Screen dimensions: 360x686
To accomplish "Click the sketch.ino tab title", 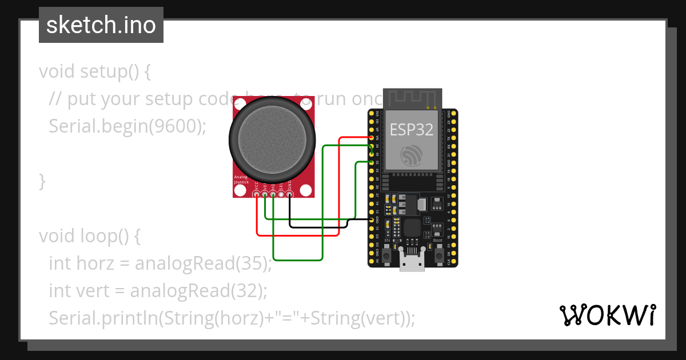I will pyautogui.click(x=101, y=26).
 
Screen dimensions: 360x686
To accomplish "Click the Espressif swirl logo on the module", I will pyautogui.click(x=411, y=155).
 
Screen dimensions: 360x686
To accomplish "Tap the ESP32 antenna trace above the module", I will pyautogui.click(x=412, y=98).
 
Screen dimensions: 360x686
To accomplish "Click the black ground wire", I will pyautogui.click(x=320, y=226).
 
